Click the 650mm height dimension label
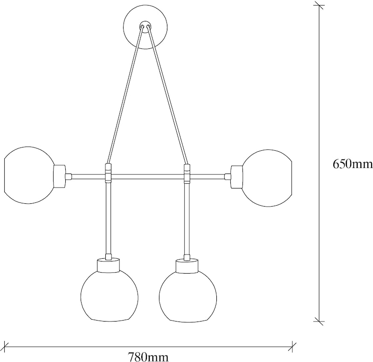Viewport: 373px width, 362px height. [352, 164]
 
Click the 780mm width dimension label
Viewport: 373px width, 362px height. [148, 356]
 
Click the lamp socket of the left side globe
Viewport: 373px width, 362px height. [60, 177]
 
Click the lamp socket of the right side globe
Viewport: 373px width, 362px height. [237, 177]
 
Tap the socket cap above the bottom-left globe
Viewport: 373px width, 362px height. [108, 265]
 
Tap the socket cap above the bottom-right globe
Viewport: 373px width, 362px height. [187, 266]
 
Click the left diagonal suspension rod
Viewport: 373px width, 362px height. [125, 95]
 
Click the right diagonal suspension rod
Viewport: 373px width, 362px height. [167, 95]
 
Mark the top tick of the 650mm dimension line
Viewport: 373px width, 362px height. [319, 5]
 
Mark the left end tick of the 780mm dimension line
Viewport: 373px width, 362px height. [5, 347]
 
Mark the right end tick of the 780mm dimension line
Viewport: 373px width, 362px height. [292, 347]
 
